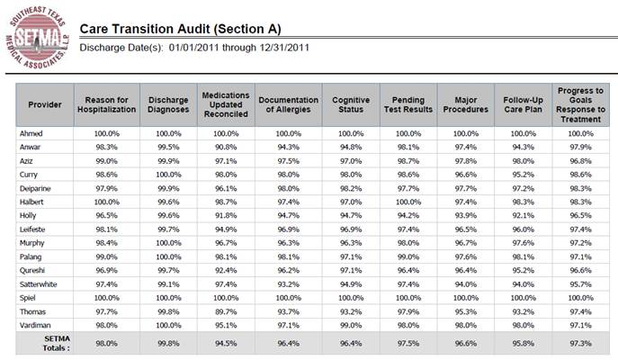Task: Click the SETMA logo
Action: (x=38, y=38)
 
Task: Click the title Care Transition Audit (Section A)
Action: (x=181, y=29)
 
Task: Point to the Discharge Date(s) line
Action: (x=194, y=48)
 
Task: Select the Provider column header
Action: (x=45, y=105)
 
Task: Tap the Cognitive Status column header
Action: (x=351, y=105)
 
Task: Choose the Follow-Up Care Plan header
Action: (x=523, y=105)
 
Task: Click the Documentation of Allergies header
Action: (x=289, y=105)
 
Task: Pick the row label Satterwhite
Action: (x=38, y=284)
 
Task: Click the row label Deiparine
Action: (x=35, y=188)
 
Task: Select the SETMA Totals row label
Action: (x=57, y=344)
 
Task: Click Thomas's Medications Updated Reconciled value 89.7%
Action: (x=226, y=311)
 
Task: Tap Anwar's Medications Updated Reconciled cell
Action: (x=226, y=147)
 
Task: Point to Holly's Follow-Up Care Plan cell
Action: (x=523, y=216)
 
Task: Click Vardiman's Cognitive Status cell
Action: (x=351, y=325)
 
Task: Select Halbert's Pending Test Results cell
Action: (x=408, y=202)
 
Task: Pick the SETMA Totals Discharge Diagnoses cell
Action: (x=168, y=344)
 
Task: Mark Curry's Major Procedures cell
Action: (x=465, y=175)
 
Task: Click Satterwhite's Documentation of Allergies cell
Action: (x=289, y=284)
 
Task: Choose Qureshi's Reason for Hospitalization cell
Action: (x=106, y=271)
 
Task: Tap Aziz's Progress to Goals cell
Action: (x=580, y=161)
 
